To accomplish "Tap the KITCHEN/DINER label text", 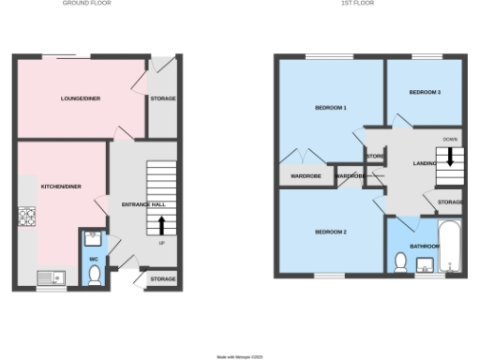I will click(60, 187).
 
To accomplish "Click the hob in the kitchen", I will click(25, 218).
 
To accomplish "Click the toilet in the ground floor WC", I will click(94, 275).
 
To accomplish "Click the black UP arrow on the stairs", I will click(162, 225).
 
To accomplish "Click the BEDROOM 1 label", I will click(330, 109).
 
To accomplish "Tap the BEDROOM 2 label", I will click(330, 232).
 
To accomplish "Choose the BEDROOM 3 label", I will click(425, 92).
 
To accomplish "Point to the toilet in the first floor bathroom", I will click(400, 266).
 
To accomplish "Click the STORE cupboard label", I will click(375, 156).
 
